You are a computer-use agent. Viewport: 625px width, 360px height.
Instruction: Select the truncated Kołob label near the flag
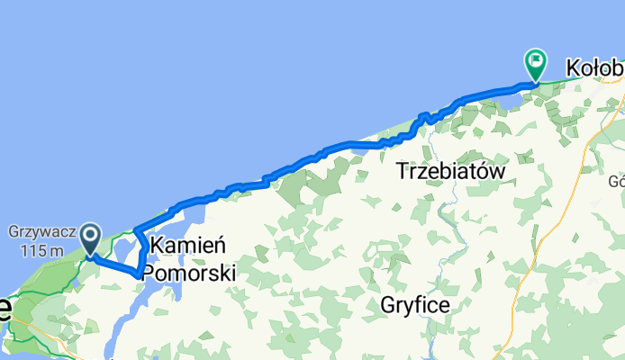[x=593, y=67]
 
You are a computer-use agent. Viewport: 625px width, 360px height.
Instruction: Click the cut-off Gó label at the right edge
[x=616, y=181]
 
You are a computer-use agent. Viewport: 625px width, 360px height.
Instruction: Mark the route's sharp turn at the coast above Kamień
[x=135, y=230]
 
